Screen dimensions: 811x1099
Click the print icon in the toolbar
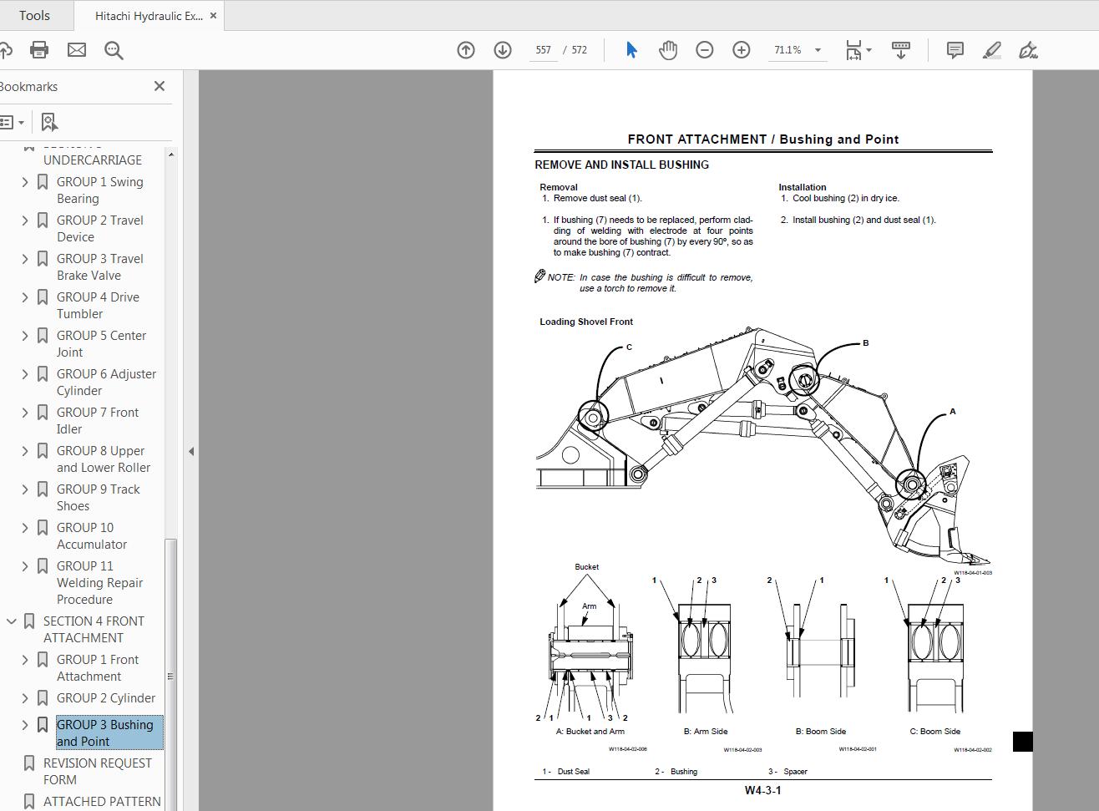click(39, 50)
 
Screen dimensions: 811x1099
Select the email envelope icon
click(77, 50)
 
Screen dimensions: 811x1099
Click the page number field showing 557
click(544, 50)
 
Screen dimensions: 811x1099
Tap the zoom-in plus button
click(741, 50)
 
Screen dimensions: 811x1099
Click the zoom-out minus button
click(704, 50)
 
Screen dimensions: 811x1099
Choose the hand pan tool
click(667, 50)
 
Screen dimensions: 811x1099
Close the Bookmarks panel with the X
click(160, 86)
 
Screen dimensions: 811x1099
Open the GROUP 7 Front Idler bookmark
click(97, 420)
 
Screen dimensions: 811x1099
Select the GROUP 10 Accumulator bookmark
click(91, 535)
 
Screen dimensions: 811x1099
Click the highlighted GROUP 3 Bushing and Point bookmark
click(104, 732)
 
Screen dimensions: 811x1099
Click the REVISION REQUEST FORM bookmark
click(97, 771)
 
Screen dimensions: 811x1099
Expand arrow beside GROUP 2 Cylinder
click(25, 698)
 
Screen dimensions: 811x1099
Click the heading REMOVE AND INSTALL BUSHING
click(621, 165)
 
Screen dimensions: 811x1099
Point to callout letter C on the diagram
click(629, 347)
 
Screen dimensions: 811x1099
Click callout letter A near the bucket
click(952, 412)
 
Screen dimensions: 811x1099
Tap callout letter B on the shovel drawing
click(865, 343)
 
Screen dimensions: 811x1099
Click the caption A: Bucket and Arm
click(590, 732)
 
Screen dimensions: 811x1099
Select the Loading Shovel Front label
click(585, 322)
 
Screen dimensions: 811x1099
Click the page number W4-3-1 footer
click(762, 790)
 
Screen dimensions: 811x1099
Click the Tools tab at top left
click(34, 16)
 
